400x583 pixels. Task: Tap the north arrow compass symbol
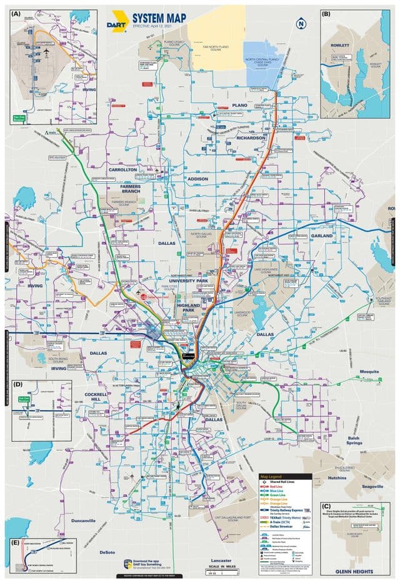pos(301,24)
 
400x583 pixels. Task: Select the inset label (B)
pos(326,13)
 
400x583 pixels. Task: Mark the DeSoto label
pos(107,552)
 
